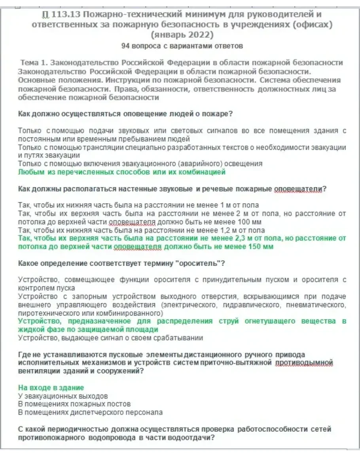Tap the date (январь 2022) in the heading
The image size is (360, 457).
tap(182, 34)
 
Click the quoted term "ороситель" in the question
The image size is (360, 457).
tap(200, 263)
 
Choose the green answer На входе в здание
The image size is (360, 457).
tap(51, 388)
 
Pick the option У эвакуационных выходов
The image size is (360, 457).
tap(63, 396)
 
